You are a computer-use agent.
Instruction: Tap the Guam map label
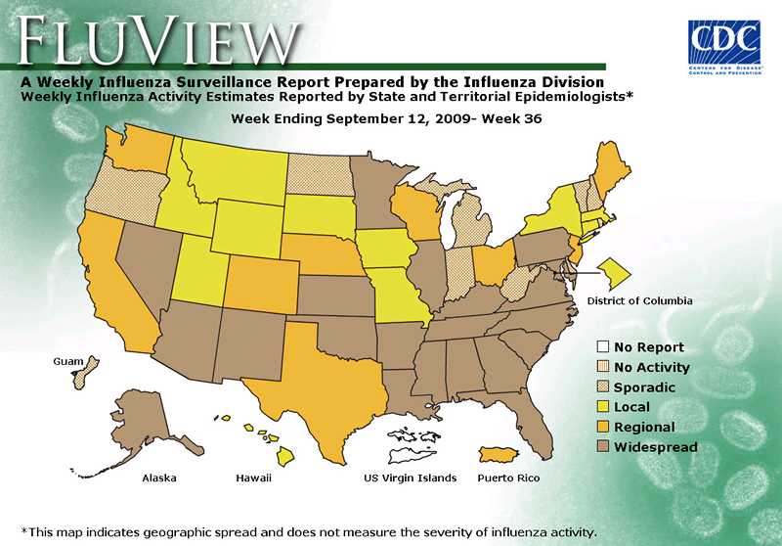(x=67, y=361)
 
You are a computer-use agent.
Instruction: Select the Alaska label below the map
(x=159, y=478)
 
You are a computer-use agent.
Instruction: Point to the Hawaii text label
(x=253, y=478)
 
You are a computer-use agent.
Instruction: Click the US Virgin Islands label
(x=410, y=478)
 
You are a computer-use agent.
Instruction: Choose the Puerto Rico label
(x=508, y=478)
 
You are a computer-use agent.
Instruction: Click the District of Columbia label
(x=639, y=300)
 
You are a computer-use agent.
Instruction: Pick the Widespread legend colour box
(x=602, y=447)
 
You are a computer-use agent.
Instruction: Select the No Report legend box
(x=602, y=347)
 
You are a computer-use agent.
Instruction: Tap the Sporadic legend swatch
(x=602, y=387)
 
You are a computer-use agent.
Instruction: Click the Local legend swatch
(x=602, y=407)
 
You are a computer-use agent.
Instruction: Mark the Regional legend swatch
(x=602, y=428)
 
